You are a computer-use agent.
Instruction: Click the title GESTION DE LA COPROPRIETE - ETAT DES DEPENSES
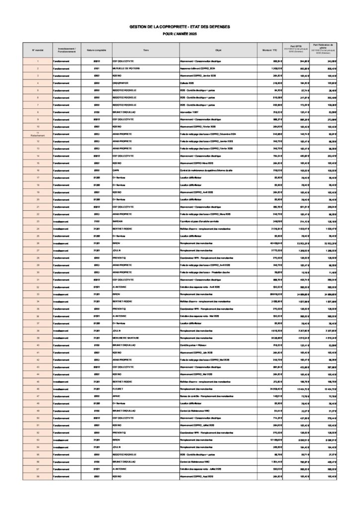coord(180,27)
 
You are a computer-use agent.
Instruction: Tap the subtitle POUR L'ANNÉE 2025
coord(180,33)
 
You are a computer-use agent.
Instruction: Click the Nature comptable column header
coord(96,50)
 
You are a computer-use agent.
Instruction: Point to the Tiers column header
coord(146,50)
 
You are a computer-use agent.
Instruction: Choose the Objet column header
coord(218,50)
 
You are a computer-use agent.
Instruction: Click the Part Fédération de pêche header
coord(325,48)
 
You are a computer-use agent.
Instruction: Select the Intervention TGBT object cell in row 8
coord(191,112)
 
